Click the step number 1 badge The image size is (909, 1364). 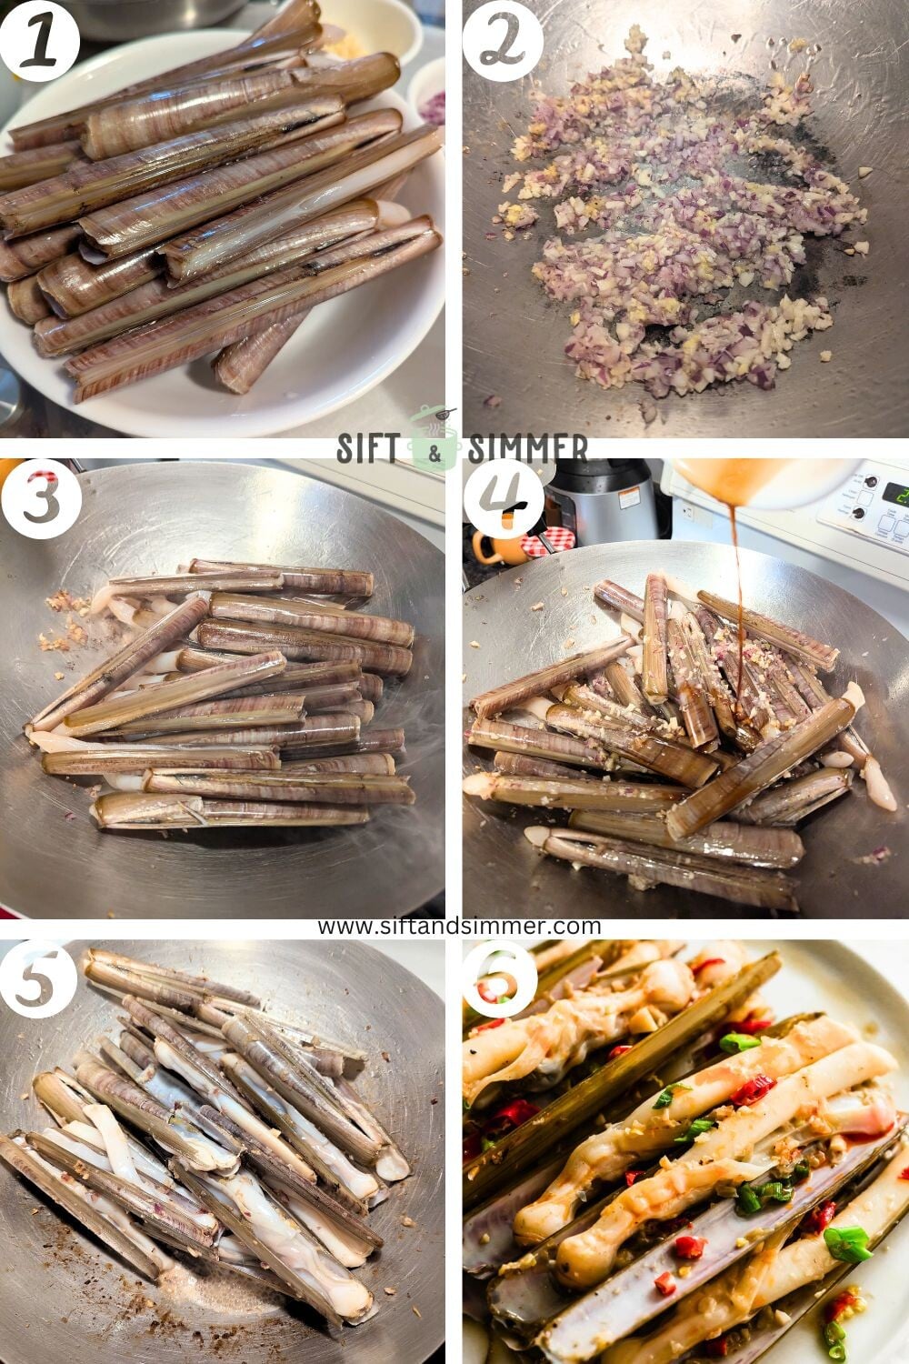tap(38, 38)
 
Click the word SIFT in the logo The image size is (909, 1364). tap(369, 448)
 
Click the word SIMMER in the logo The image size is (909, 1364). tap(527, 448)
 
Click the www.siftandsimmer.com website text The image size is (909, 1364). tap(459, 926)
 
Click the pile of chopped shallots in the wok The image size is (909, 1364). tap(673, 227)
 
